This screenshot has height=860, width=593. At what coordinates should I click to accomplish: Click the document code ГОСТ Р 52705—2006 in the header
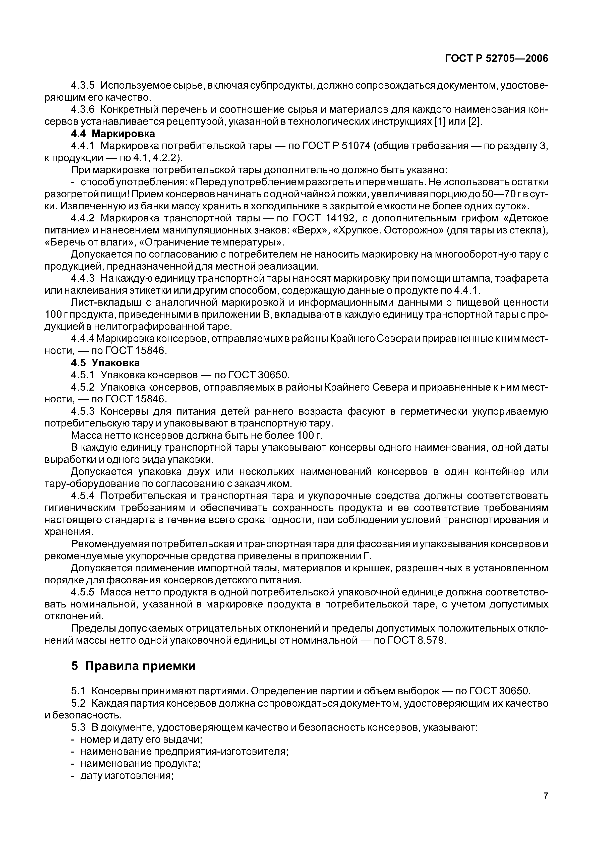tap(496, 58)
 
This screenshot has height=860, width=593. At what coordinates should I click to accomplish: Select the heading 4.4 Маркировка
tap(113, 133)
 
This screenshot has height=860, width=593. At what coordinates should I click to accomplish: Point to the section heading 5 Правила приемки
tap(133, 666)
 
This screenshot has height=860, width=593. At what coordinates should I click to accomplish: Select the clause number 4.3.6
tap(83, 110)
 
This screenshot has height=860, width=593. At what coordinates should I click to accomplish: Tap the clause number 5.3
tap(78, 727)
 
